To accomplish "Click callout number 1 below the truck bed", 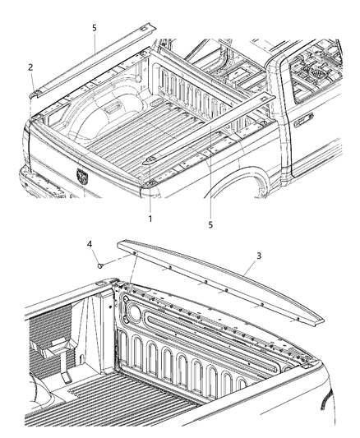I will (150, 219).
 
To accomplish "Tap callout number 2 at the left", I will (31, 67).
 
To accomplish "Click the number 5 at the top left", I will (94, 27).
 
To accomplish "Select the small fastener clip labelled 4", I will (100, 265).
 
